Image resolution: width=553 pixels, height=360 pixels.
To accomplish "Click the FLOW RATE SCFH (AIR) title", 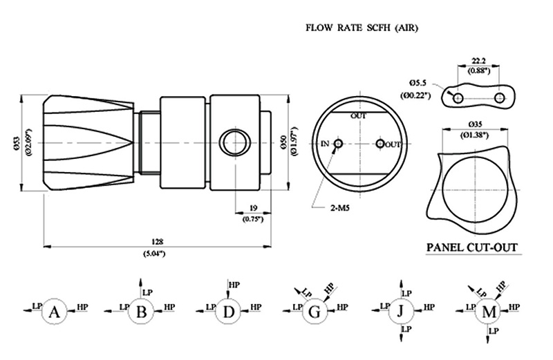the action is coord(362,28).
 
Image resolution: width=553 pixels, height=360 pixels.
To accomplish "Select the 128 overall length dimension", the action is coord(158,242).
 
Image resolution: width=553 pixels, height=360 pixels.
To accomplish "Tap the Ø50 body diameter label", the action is coord(284,142).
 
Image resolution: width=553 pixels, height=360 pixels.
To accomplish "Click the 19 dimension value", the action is coord(253,208).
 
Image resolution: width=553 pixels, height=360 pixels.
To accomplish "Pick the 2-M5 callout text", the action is coord(340,208).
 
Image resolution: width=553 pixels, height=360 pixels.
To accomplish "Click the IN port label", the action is coord(325,144).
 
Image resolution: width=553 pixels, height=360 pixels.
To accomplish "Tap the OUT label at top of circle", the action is coord(358,115).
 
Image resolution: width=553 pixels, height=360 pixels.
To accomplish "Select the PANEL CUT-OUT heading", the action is coord(472,247).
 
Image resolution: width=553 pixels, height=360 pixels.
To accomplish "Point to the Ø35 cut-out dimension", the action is coord(476,124).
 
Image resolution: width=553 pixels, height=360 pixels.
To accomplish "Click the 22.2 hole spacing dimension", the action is coord(478,61).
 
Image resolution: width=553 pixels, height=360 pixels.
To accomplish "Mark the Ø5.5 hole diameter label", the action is coord(418,83).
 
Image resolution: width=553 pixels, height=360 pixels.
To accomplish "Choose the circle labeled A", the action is coord(54,311).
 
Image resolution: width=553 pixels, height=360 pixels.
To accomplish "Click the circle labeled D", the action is coord(229,311).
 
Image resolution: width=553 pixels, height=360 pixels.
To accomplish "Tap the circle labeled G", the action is coord(315,311).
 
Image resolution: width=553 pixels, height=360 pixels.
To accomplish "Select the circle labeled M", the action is coord(489,311).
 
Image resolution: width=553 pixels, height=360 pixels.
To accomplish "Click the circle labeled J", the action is coord(401,311).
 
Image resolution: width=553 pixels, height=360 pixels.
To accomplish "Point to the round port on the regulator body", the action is coord(235,143).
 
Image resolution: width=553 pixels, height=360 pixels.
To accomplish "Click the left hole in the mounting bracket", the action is coord(458,97).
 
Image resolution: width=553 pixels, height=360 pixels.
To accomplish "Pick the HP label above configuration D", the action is coord(234,285).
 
